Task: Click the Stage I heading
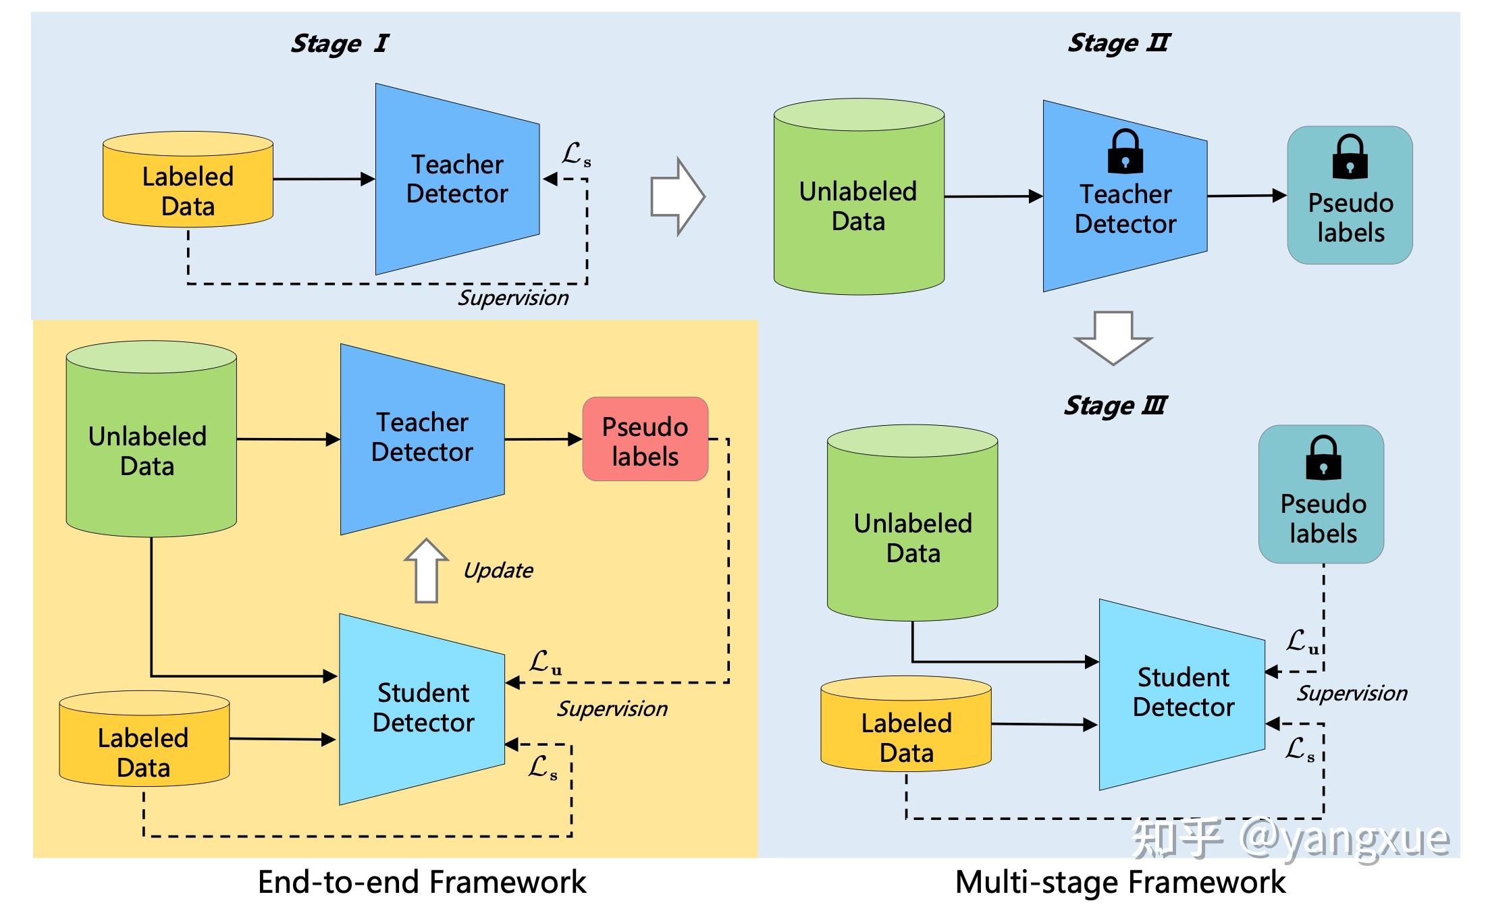click(340, 43)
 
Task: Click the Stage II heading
click(1118, 43)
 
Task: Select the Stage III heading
click(1115, 406)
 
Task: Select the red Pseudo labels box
click(645, 439)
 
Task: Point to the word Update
click(498, 571)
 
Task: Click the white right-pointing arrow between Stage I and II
click(677, 196)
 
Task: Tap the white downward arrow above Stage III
click(1113, 337)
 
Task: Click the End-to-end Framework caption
click(422, 882)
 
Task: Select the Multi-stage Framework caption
click(1120, 882)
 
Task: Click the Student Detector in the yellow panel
click(423, 709)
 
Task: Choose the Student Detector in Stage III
click(1183, 693)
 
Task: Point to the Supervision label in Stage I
click(513, 298)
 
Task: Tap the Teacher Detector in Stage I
click(457, 180)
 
